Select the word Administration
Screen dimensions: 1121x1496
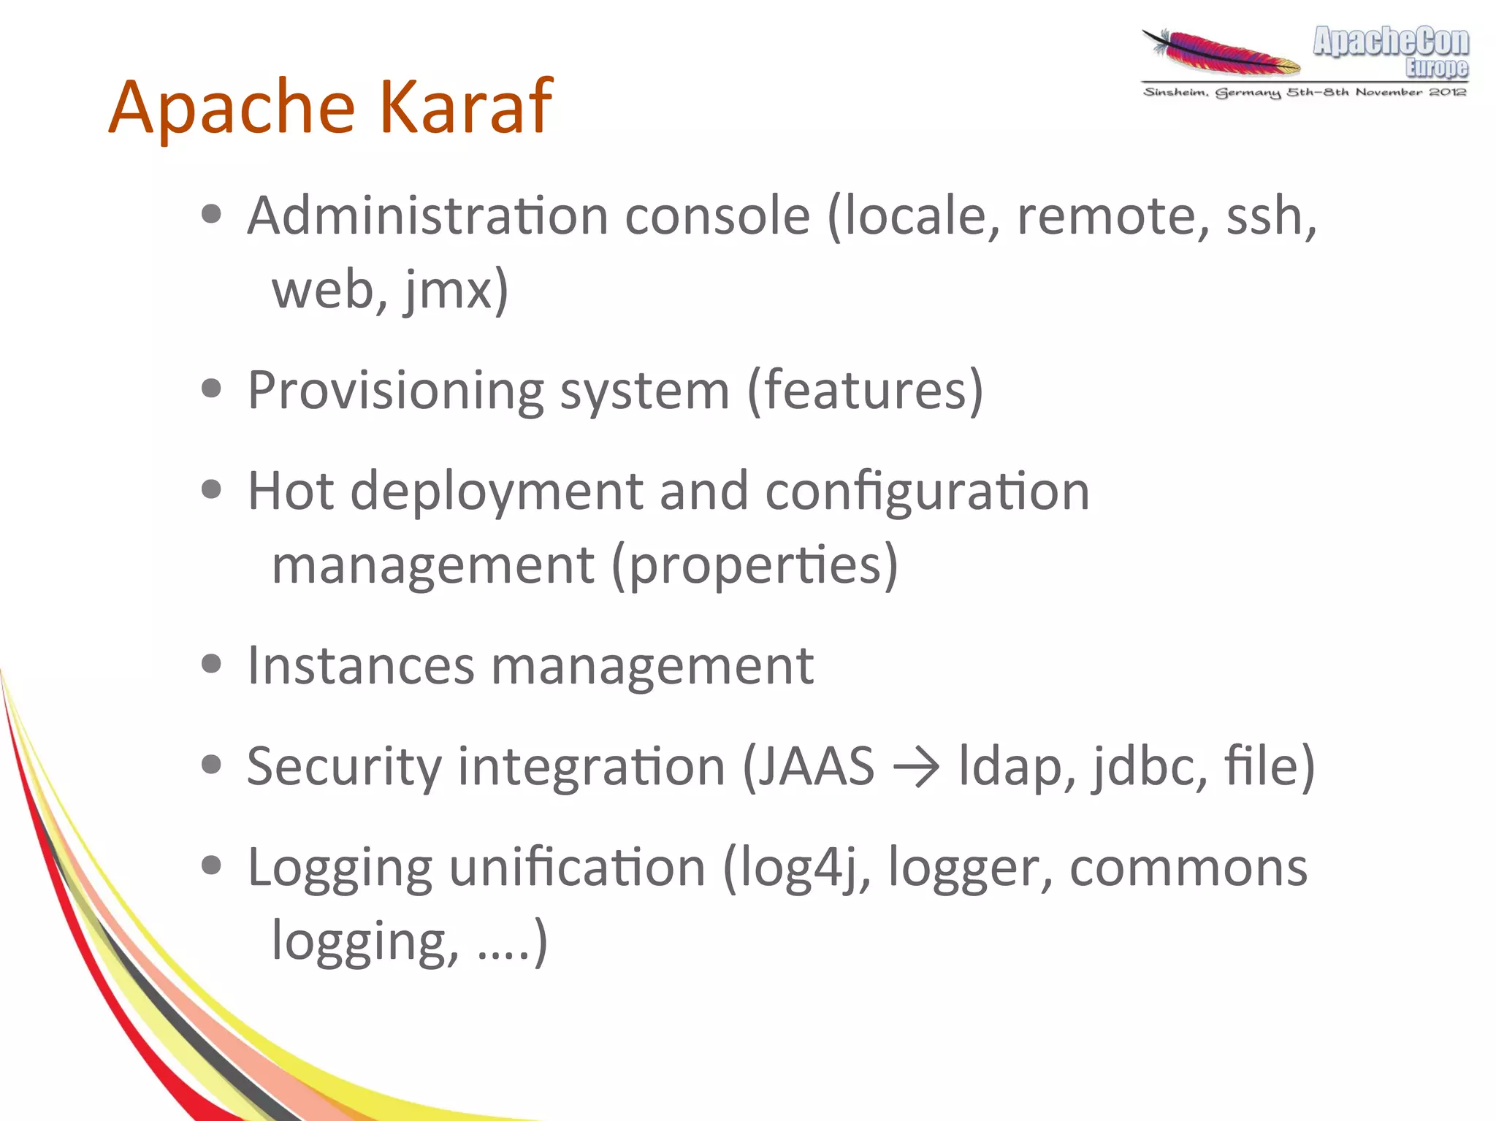coord(427,216)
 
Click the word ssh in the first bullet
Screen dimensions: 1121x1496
coord(1270,216)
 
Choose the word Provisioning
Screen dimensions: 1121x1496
coord(395,391)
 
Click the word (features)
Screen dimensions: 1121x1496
coord(865,391)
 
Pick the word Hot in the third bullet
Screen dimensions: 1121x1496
coord(290,491)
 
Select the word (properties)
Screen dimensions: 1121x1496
coord(755,565)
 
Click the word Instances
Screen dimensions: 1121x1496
coord(361,665)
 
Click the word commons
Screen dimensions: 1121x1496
coord(1188,868)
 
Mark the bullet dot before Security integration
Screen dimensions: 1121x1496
coord(211,765)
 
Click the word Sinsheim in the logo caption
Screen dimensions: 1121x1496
coord(1174,93)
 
